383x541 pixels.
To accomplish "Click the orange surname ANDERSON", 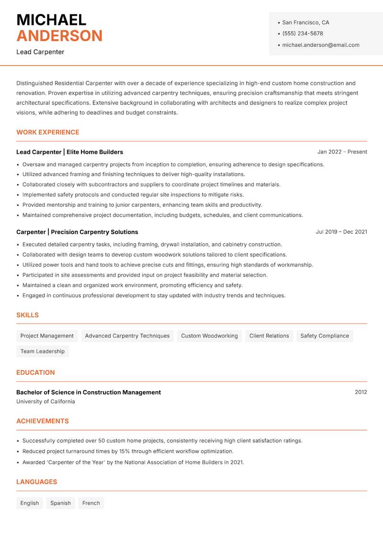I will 59,36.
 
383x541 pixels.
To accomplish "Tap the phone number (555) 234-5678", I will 303,34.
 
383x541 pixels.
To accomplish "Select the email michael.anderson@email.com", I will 321,45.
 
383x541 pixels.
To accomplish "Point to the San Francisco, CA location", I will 305,23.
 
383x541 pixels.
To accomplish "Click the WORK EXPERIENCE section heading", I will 48,132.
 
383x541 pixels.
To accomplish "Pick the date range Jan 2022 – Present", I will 342,152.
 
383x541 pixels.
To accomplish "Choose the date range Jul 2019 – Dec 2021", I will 341,232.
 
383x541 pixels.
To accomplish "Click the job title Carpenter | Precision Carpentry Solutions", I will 77,232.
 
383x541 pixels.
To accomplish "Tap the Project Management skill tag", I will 47,336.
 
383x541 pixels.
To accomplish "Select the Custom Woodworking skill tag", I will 209,336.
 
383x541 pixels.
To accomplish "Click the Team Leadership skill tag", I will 43,351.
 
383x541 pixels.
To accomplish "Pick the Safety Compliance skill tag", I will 325,336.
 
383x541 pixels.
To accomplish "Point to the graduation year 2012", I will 360,392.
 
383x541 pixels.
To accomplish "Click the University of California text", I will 45,402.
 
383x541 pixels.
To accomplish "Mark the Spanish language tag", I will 60,503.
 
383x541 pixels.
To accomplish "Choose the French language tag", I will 91,503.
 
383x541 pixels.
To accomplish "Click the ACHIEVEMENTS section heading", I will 43,421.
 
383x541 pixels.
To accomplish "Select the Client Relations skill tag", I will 269,336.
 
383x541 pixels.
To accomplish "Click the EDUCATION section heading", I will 35,372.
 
